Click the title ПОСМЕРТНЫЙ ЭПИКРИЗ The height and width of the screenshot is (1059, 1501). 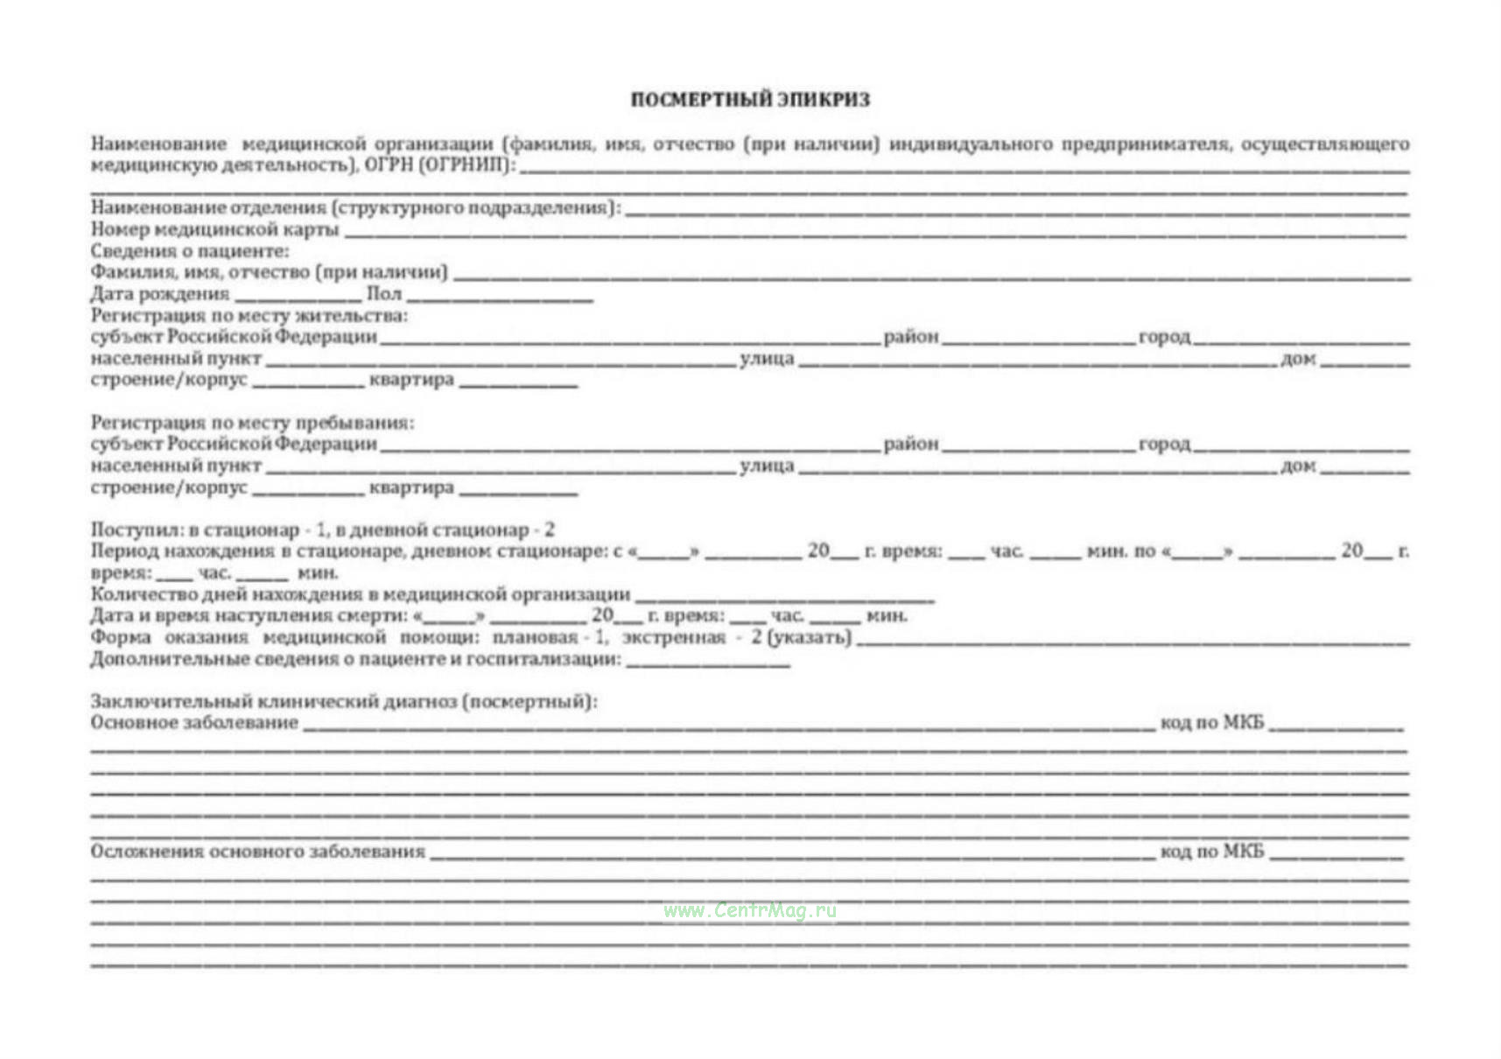[x=750, y=100]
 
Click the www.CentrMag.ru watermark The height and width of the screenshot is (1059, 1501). [x=750, y=910]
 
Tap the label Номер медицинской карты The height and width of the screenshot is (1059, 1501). [x=214, y=229]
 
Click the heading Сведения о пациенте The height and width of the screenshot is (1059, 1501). [x=189, y=251]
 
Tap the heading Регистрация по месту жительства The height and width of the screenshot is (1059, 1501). [x=249, y=315]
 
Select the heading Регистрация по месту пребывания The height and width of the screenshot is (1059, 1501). [x=252, y=423]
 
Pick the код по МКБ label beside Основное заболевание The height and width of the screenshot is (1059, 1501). [x=1212, y=723]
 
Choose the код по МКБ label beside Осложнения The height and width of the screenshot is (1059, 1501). [x=1212, y=852]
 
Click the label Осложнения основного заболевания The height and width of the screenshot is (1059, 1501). [x=257, y=852]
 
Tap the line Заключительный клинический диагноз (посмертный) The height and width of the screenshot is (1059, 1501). [x=343, y=701]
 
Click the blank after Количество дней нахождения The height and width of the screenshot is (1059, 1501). [x=784, y=598]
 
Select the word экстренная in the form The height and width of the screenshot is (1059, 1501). [x=673, y=637]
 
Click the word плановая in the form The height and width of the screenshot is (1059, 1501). [x=534, y=637]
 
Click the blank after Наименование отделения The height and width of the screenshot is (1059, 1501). [x=1015, y=210]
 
